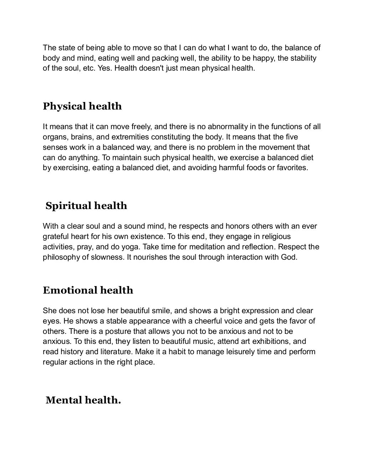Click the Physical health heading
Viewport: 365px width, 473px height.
click(x=82, y=106)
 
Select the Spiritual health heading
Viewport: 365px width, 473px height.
click(x=86, y=206)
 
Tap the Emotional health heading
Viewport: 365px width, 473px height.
click(x=88, y=290)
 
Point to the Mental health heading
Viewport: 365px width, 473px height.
click(x=83, y=400)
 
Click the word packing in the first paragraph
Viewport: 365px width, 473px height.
click(x=164, y=58)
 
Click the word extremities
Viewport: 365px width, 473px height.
click(x=130, y=137)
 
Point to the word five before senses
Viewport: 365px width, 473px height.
click(x=292, y=137)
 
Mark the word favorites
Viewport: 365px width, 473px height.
click(x=292, y=167)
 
